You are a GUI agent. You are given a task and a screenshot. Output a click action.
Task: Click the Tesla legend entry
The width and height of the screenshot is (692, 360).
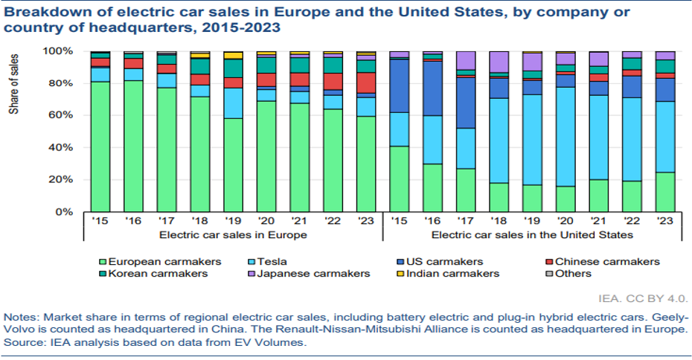pyautogui.click(x=276, y=261)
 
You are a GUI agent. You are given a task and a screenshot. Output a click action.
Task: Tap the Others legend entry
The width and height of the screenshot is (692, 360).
pyautogui.click(x=571, y=273)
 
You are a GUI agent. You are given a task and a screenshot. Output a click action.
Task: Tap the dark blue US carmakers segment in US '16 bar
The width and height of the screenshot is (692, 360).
pyautogui.click(x=434, y=89)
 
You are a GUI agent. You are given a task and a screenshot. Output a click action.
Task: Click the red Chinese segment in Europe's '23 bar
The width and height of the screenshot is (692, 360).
pyautogui.click(x=365, y=83)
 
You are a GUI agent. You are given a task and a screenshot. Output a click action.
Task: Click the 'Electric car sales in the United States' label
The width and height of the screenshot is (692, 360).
pyautogui.click(x=533, y=235)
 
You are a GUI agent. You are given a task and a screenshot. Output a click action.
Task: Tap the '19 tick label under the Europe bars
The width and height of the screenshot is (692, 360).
pyautogui.click(x=232, y=221)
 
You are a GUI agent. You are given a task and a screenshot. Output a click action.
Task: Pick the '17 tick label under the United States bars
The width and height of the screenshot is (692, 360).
pyautogui.click(x=466, y=221)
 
